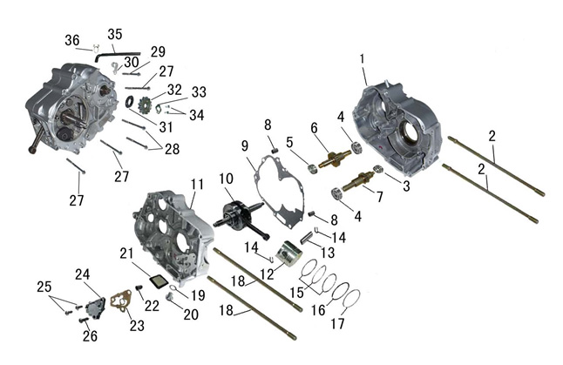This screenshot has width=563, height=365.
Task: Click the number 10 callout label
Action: click(227, 179)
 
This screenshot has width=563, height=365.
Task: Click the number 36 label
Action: click(72, 40)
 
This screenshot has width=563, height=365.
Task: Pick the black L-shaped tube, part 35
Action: click(117, 56)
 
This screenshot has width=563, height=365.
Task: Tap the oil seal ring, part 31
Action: click(129, 102)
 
